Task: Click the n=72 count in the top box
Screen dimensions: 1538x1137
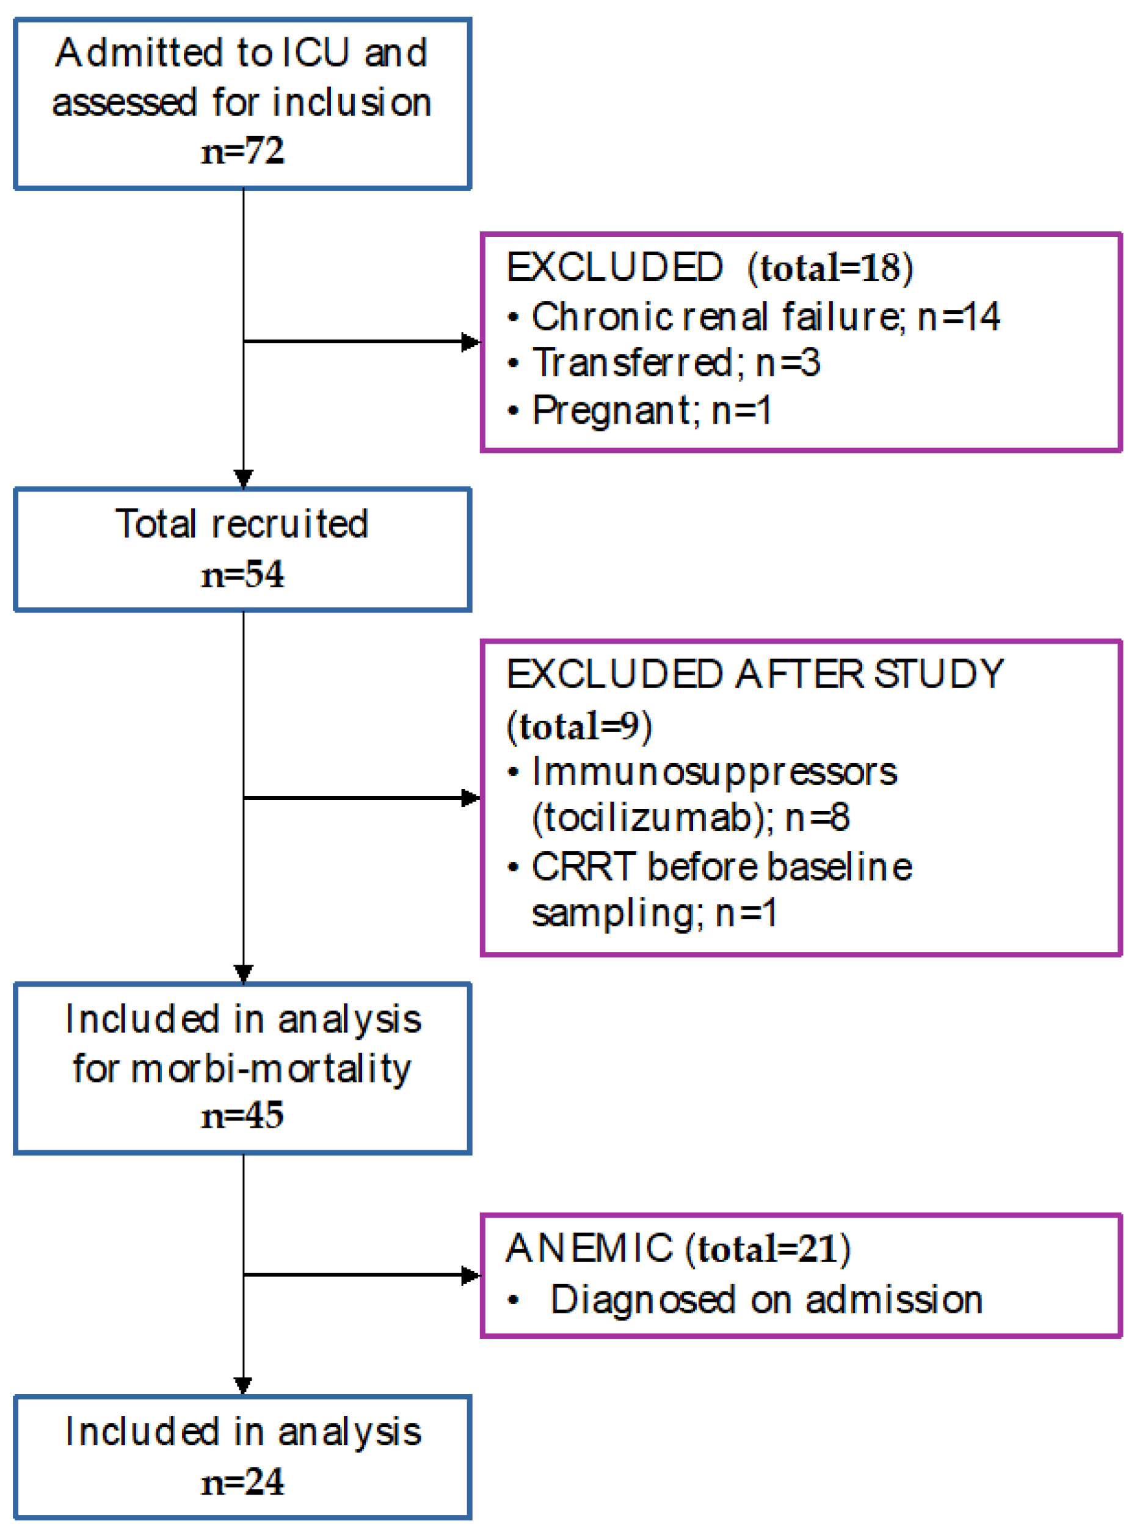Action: click(x=242, y=151)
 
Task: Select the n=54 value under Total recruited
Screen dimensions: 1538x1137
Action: click(x=242, y=574)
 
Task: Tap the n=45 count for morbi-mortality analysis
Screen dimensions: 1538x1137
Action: click(x=242, y=1115)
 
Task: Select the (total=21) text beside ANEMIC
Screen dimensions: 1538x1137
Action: click(x=768, y=1249)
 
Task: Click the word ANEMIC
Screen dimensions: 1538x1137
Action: click(x=589, y=1247)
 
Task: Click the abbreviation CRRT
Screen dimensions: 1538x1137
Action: click(x=583, y=866)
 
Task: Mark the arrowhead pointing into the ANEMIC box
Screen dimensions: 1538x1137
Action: click(x=471, y=1275)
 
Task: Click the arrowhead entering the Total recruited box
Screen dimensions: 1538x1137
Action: click(x=244, y=479)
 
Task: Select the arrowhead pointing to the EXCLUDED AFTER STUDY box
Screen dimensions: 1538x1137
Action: click(x=471, y=798)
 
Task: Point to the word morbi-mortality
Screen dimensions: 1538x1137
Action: click(x=271, y=1068)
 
